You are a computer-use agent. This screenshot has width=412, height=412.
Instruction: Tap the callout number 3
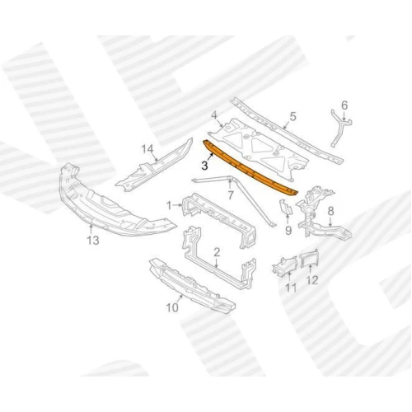204,166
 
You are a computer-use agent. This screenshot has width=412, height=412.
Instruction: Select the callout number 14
147,150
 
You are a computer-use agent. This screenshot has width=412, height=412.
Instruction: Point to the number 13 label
93,241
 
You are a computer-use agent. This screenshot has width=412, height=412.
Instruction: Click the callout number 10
172,307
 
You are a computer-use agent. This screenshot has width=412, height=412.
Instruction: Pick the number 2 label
217,252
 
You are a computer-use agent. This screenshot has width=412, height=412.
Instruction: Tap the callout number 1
169,205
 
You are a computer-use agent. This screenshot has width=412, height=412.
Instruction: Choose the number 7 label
231,195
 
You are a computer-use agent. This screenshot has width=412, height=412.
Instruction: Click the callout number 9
288,231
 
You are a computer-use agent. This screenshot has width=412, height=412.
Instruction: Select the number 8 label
330,211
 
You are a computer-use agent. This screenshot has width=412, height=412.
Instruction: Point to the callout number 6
344,105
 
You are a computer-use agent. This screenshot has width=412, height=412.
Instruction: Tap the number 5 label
293,116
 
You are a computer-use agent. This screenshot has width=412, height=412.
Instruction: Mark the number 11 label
291,288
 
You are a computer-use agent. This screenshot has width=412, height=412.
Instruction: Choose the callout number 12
312,280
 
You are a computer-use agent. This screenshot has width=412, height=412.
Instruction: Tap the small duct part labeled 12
309,259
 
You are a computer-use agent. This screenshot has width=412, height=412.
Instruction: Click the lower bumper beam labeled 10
192,286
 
